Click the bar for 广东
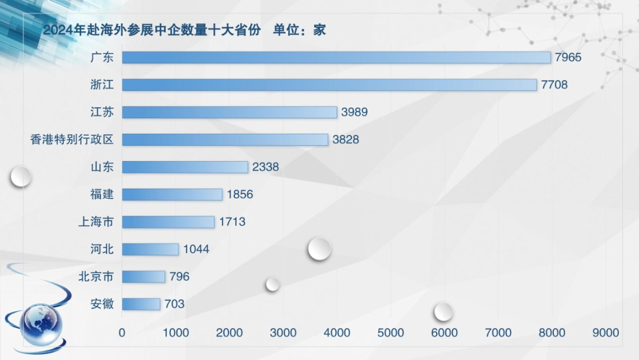coord(336,57)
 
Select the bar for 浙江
coord(329,85)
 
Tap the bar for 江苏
coord(230,112)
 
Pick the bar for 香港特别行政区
coord(225,140)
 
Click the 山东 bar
coord(185,167)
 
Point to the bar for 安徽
coord(141,304)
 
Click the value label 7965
coord(568,57)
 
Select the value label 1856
coord(239,194)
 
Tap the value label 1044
coord(196,249)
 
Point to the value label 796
coord(179,277)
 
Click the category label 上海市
coord(96,222)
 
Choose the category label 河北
coord(102,249)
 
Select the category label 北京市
coord(96,277)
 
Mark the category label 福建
coord(102,194)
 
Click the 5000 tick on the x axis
coord(390,333)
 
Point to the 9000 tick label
coord(605,333)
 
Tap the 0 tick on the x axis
coord(122,333)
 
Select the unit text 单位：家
coord(299,30)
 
